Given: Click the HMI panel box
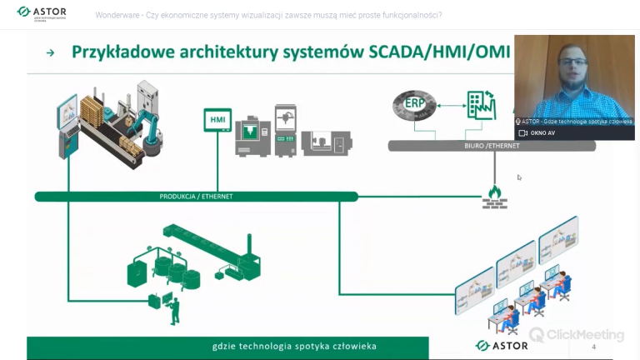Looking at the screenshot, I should (x=217, y=121).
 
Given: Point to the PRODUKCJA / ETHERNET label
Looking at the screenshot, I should (x=196, y=197).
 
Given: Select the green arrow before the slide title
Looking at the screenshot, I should (x=50, y=52).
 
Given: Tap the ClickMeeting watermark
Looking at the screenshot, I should (x=577, y=335).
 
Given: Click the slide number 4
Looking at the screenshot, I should (x=593, y=347).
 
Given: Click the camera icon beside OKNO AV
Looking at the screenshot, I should (x=522, y=133).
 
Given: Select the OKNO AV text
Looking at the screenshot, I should (x=542, y=133).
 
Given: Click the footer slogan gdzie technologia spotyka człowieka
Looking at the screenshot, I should (x=271, y=347).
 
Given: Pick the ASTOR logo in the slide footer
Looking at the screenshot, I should (x=502, y=346).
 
